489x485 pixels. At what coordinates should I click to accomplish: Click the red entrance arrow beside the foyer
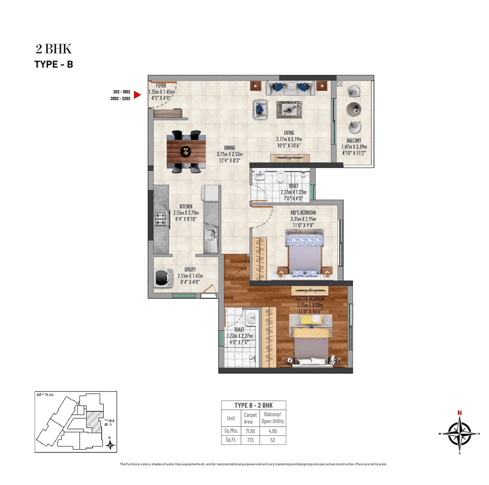(138, 95)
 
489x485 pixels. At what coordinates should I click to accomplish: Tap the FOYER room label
(161, 86)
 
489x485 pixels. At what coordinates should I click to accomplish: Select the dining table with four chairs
(186, 151)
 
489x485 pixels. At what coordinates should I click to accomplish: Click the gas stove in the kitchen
(160, 219)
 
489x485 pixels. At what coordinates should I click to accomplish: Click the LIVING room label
(289, 133)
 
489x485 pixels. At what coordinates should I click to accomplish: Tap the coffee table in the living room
(289, 110)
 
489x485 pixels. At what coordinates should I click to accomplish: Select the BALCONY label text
(354, 140)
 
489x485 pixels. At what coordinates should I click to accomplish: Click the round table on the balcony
(354, 110)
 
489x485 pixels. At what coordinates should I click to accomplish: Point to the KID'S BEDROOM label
(303, 213)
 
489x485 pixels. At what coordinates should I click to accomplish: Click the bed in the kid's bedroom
(304, 253)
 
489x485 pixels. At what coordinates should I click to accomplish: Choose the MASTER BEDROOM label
(310, 299)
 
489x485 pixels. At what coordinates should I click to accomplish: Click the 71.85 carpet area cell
(250, 431)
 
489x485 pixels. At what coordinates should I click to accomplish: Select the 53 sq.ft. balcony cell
(272, 440)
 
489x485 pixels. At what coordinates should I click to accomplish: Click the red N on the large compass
(460, 413)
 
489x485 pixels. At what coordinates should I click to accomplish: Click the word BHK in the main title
(58, 49)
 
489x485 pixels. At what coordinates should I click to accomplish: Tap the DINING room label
(230, 148)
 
